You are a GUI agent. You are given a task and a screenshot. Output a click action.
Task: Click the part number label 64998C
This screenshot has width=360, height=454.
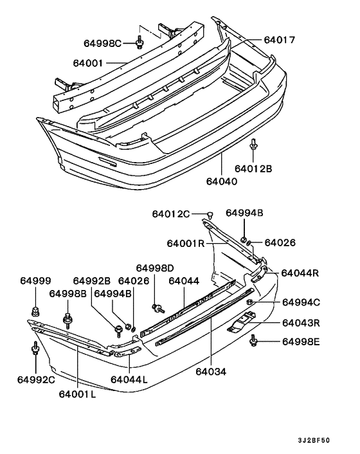pos(102,43)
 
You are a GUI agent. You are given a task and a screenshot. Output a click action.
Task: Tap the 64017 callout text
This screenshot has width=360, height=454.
pos(279,40)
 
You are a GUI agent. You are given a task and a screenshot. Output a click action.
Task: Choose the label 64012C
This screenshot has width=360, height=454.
pos(171,213)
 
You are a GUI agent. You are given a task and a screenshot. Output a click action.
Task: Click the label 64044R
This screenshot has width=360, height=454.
pos(301,273)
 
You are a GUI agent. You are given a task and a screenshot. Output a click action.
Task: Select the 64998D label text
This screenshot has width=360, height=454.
pos(155,268)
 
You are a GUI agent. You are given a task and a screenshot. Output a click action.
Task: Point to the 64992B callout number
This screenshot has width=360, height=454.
pos(91,281)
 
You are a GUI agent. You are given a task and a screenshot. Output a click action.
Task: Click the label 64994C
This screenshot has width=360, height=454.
pos(301,302)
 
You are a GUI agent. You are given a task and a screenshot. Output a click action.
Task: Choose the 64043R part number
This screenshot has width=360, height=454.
pos(301,323)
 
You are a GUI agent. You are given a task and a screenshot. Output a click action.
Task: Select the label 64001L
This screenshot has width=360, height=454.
pos(77,394)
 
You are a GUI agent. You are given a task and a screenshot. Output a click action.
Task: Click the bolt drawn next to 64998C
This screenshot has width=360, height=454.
pos(139,43)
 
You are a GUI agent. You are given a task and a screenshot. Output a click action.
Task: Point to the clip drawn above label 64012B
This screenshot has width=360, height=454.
pos(254,145)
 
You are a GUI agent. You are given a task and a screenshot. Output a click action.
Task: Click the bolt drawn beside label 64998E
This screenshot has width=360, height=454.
pos(255,341)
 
